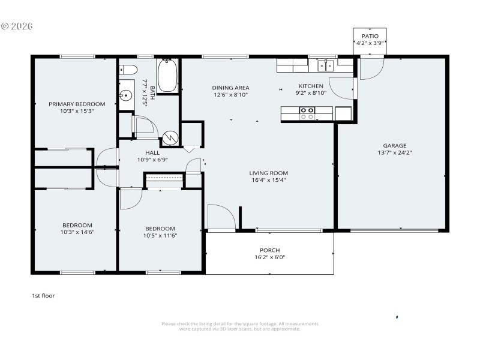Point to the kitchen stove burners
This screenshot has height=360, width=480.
307,113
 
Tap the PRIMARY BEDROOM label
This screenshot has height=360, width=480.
77,104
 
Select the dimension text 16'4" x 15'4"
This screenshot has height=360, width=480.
269,180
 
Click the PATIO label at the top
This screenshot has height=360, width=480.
370,36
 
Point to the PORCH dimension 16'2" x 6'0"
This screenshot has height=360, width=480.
269,257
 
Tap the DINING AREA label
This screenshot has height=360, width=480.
230,88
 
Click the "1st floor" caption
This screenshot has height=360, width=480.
43,296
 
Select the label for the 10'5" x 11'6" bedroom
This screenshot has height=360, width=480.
160,228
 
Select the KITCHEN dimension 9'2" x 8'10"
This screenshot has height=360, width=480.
311,93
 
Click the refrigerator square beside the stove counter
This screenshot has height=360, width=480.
344,113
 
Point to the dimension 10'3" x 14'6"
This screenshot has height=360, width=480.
77,232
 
